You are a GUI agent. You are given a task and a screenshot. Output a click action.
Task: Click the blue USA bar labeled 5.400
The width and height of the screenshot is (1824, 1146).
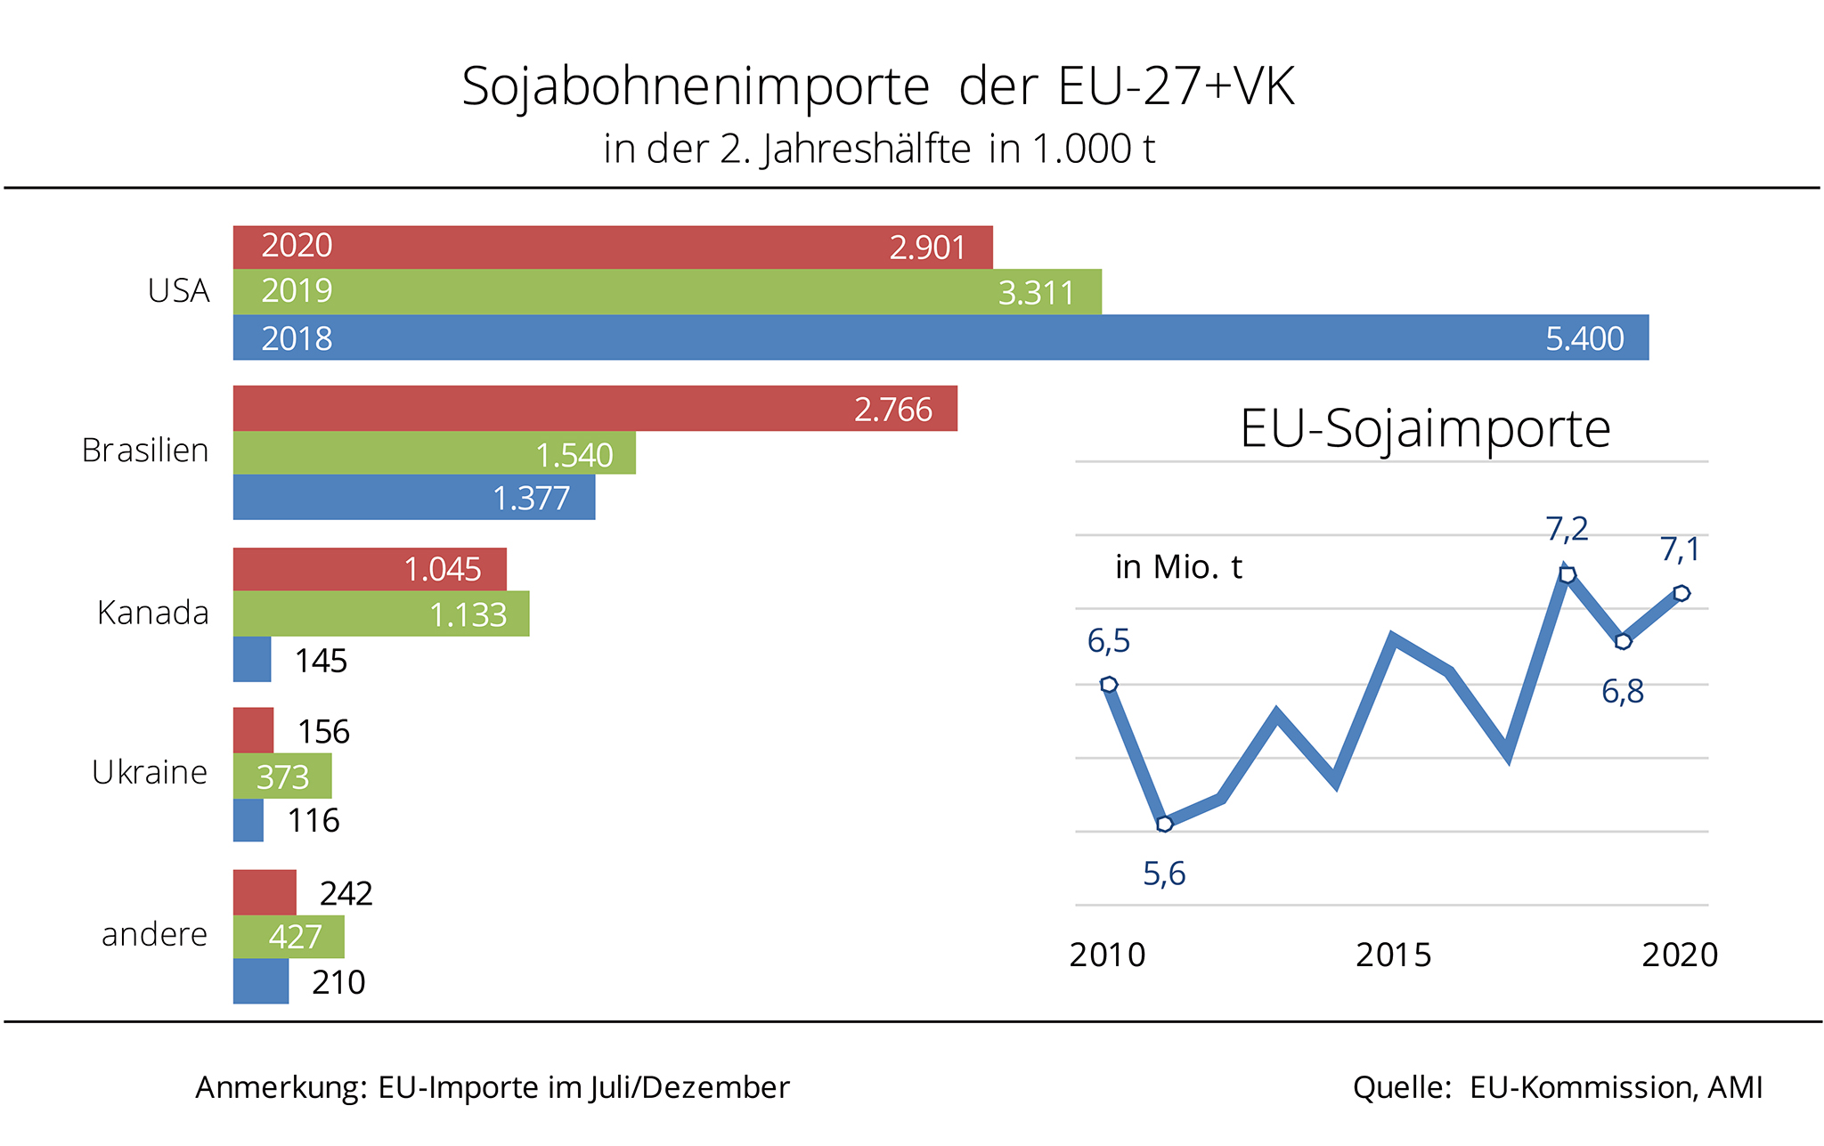(940, 337)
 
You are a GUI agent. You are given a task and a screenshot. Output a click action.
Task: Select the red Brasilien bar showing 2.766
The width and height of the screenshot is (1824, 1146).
(595, 409)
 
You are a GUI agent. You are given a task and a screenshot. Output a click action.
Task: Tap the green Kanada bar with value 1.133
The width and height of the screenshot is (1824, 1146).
(381, 614)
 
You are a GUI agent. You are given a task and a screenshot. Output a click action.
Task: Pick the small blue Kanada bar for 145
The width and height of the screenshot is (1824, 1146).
(252, 660)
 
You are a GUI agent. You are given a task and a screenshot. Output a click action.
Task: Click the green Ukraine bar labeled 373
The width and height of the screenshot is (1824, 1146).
(282, 776)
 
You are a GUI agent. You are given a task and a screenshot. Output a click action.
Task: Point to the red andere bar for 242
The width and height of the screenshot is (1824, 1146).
(265, 892)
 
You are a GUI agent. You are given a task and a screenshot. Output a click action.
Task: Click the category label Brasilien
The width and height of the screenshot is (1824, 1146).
(145, 451)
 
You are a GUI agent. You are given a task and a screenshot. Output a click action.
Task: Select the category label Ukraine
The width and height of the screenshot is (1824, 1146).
(150, 772)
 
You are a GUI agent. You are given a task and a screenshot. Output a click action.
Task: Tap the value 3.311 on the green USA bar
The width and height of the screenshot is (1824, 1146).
(1036, 293)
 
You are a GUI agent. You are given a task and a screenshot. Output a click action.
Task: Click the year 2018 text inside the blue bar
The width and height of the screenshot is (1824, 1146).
(297, 339)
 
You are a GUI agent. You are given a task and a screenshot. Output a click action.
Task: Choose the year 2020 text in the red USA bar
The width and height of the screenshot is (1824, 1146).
(297, 246)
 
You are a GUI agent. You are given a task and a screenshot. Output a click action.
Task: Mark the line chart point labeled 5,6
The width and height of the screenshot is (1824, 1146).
(1165, 824)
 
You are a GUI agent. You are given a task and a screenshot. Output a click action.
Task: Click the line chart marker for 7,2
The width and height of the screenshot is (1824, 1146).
(1567, 574)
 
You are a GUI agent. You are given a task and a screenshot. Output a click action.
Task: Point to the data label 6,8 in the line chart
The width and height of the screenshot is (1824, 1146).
(1622, 692)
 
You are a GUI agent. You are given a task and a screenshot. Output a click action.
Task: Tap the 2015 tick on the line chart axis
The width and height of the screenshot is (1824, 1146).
(1393, 955)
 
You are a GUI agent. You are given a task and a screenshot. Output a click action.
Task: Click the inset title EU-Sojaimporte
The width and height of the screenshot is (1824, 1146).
(1425, 429)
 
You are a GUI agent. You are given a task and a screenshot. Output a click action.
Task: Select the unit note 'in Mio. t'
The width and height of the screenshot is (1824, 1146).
(1178, 567)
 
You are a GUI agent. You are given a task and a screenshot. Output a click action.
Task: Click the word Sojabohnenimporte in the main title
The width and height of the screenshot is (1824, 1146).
(696, 87)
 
